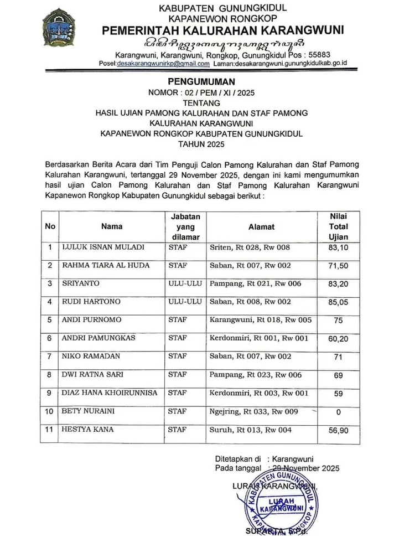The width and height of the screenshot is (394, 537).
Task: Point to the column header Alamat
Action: point(261,226)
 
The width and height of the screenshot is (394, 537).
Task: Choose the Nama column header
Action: point(112,226)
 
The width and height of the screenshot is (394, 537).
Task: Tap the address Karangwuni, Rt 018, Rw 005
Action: point(261,320)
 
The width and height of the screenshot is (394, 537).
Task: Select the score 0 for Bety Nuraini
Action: point(339,412)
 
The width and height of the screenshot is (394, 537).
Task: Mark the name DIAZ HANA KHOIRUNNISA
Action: point(110,393)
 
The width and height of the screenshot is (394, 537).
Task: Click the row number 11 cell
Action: point(50,430)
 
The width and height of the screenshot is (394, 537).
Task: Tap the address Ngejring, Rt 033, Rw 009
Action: point(254,411)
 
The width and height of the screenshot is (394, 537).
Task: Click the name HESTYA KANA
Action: point(88,430)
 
